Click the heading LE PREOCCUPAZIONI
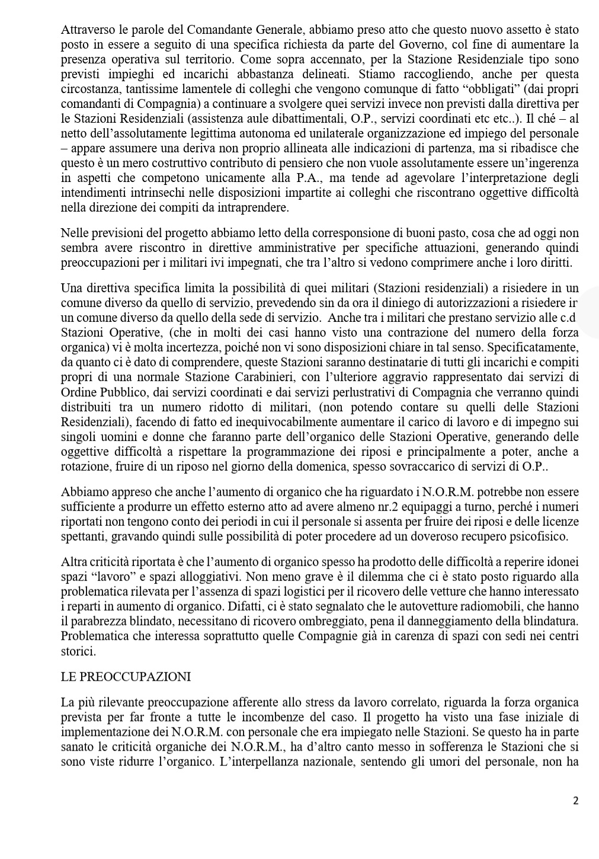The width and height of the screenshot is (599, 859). click(x=126, y=676)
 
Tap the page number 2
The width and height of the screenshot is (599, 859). click(x=575, y=801)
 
